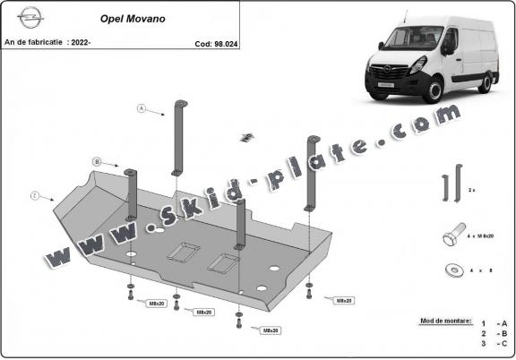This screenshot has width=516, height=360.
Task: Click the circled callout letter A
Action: (x=141, y=108)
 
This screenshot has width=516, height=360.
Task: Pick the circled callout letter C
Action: (x=34, y=194)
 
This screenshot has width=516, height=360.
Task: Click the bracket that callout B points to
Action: (x=131, y=193)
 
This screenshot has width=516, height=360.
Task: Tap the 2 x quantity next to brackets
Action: (x=472, y=191)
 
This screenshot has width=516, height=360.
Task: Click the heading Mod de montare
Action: (x=443, y=319)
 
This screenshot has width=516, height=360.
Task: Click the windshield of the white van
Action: (x=407, y=39)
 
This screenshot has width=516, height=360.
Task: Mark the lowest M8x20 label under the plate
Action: (x=269, y=331)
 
